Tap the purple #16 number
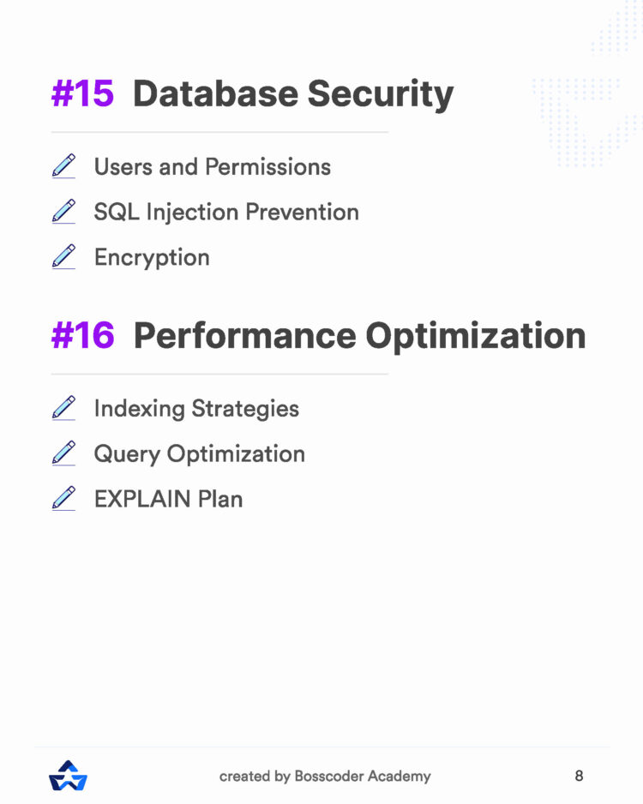pos(82,336)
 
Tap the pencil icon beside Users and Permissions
pos(63,165)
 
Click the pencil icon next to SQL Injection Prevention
pos(63,211)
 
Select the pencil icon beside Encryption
pos(63,256)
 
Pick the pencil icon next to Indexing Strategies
pos(63,407)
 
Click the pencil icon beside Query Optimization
pos(63,453)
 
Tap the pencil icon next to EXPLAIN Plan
pos(63,498)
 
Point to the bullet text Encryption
pos(152,258)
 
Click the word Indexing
pos(139,409)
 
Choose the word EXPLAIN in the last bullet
pos(142,499)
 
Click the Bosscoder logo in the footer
pos(69,776)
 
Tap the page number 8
pos(579,776)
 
